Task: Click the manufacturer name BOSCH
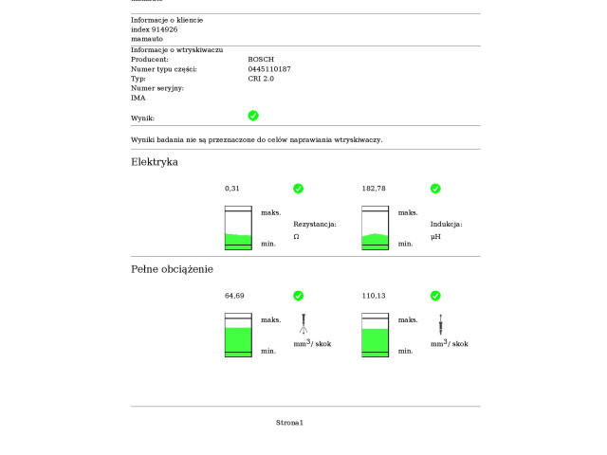[x=261, y=59]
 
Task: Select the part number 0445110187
[x=269, y=69]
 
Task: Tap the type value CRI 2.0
[x=261, y=79]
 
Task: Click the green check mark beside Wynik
[x=253, y=116]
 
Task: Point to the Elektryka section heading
[x=155, y=162]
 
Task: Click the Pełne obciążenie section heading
[x=172, y=269]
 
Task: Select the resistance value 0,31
[x=232, y=189]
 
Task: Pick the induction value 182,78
[x=374, y=189]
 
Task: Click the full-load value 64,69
[x=234, y=296]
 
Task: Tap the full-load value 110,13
[x=374, y=296]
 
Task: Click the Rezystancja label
[x=315, y=225]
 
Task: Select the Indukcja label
[x=446, y=225]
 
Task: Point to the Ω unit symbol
[x=296, y=236]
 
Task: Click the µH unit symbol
[x=435, y=236]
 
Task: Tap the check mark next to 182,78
[x=435, y=189]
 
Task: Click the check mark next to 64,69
[x=298, y=296]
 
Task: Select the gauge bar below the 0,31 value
[x=238, y=227]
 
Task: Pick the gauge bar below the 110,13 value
[x=376, y=335]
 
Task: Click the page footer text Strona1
[x=289, y=422]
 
